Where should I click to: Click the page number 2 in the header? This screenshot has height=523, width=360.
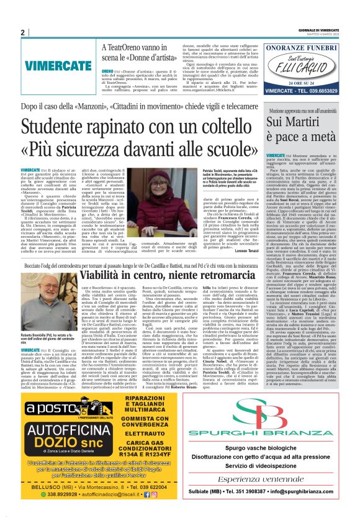23,32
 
